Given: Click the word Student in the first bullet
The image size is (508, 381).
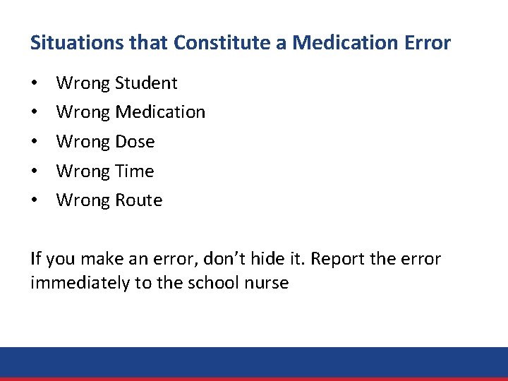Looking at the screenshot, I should click(x=147, y=83).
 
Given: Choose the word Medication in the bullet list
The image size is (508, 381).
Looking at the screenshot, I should click(x=160, y=112).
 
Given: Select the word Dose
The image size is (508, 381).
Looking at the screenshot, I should click(x=135, y=142).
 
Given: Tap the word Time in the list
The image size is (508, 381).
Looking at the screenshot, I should click(x=134, y=171).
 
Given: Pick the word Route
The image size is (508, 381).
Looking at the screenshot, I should click(x=139, y=201).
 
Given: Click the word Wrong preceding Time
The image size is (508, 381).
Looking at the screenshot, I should click(x=83, y=171).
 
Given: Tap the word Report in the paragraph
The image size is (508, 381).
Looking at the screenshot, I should click(x=337, y=260).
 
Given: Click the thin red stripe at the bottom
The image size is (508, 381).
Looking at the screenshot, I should click(x=254, y=379).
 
